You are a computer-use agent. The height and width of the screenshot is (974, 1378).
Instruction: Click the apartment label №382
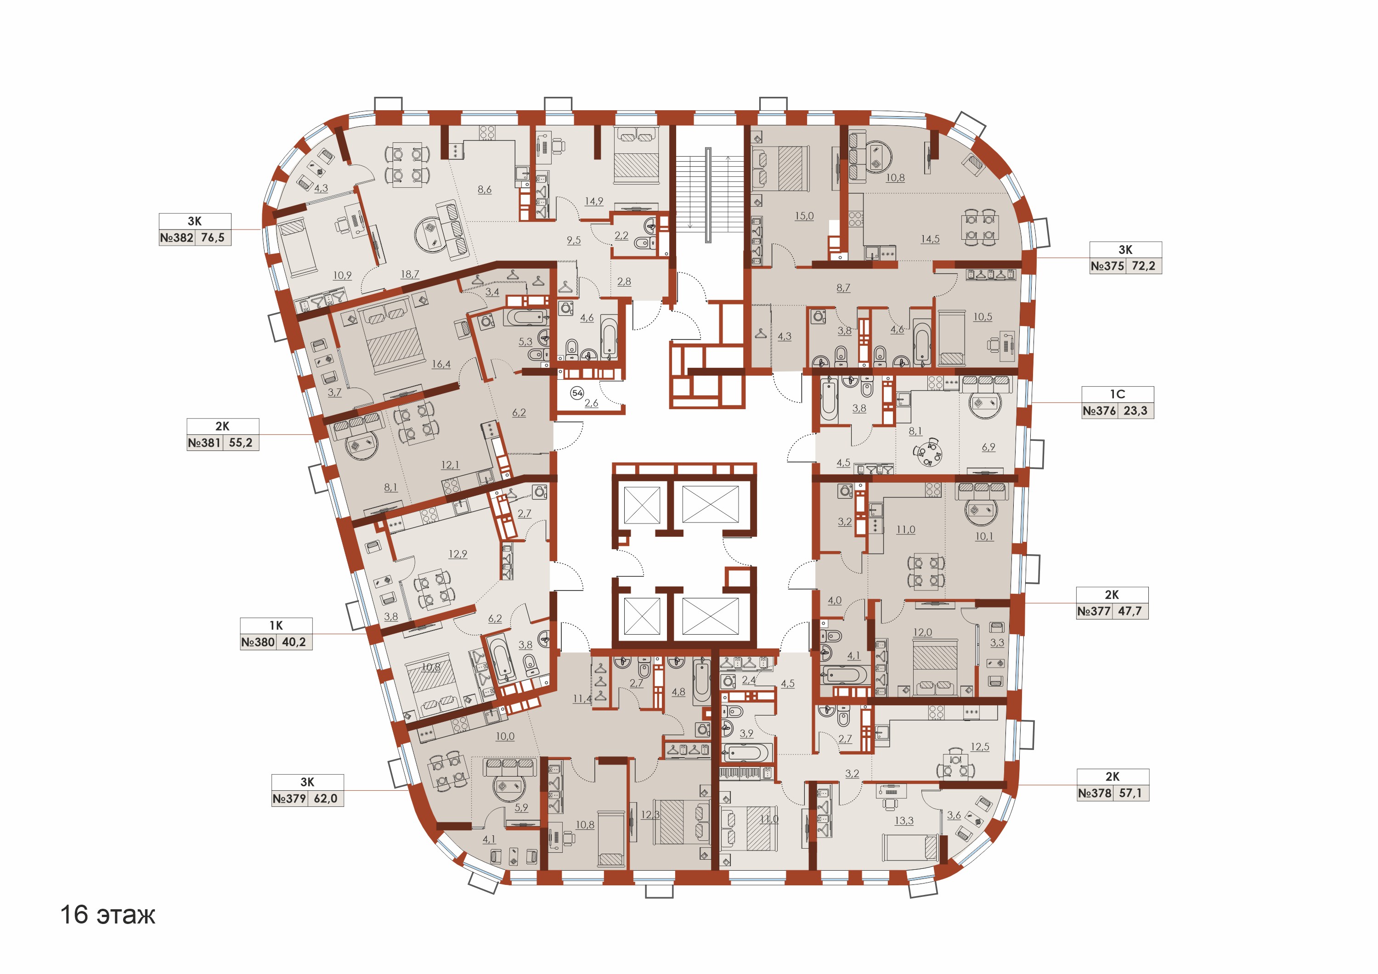tap(177, 238)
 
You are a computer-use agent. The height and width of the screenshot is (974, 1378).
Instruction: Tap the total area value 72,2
tap(1143, 266)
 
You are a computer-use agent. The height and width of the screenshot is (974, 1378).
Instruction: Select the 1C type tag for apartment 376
tap(1118, 394)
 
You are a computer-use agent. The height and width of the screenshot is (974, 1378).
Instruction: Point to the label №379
tap(289, 799)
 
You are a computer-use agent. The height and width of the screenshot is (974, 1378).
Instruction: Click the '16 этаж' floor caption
tap(107, 915)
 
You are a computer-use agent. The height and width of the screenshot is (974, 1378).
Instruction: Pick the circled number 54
tap(577, 393)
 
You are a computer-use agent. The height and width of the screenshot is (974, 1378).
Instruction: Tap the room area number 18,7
tap(410, 274)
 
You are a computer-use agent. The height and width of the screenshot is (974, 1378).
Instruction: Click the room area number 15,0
tap(804, 216)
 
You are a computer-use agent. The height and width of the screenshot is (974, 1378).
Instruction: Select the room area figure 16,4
tap(441, 364)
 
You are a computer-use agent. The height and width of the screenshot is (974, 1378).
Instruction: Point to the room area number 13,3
tap(904, 821)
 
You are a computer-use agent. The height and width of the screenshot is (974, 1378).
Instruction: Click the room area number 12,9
tap(458, 554)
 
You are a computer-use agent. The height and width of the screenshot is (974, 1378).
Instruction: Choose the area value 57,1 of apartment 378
tap(1130, 794)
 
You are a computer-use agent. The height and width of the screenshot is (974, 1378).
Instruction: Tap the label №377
tap(1094, 612)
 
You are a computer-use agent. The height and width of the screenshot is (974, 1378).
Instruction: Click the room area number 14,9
tap(594, 201)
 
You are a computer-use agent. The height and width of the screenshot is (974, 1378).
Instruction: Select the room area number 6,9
tap(988, 447)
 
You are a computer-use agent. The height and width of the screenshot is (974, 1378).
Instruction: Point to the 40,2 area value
tap(294, 642)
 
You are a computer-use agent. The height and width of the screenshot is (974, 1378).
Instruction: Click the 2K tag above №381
tap(223, 426)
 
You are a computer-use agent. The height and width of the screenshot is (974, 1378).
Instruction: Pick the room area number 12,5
tap(980, 747)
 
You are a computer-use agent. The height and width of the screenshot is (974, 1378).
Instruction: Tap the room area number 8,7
tap(843, 288)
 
